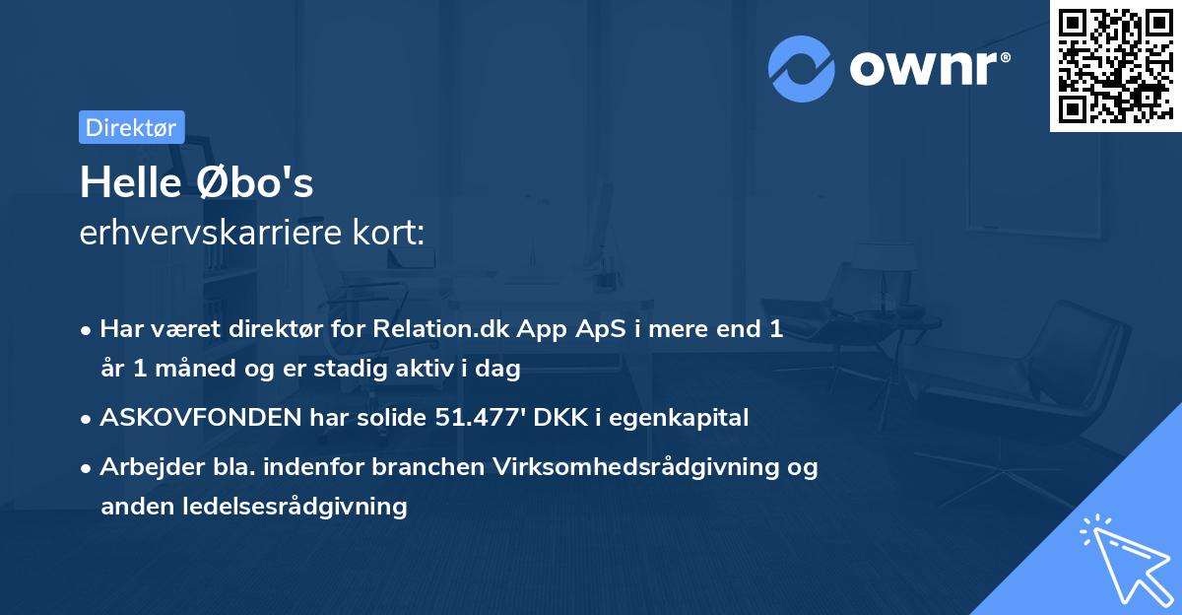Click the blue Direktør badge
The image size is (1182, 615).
pyautogui.click(x=131, y=127)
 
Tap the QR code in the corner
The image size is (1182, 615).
pyautogui.click(x=1115, y=66)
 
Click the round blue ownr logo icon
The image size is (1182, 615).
pyautogui.click(x=802, y=68)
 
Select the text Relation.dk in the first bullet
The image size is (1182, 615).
pyautogui.click(x=438, y=329)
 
